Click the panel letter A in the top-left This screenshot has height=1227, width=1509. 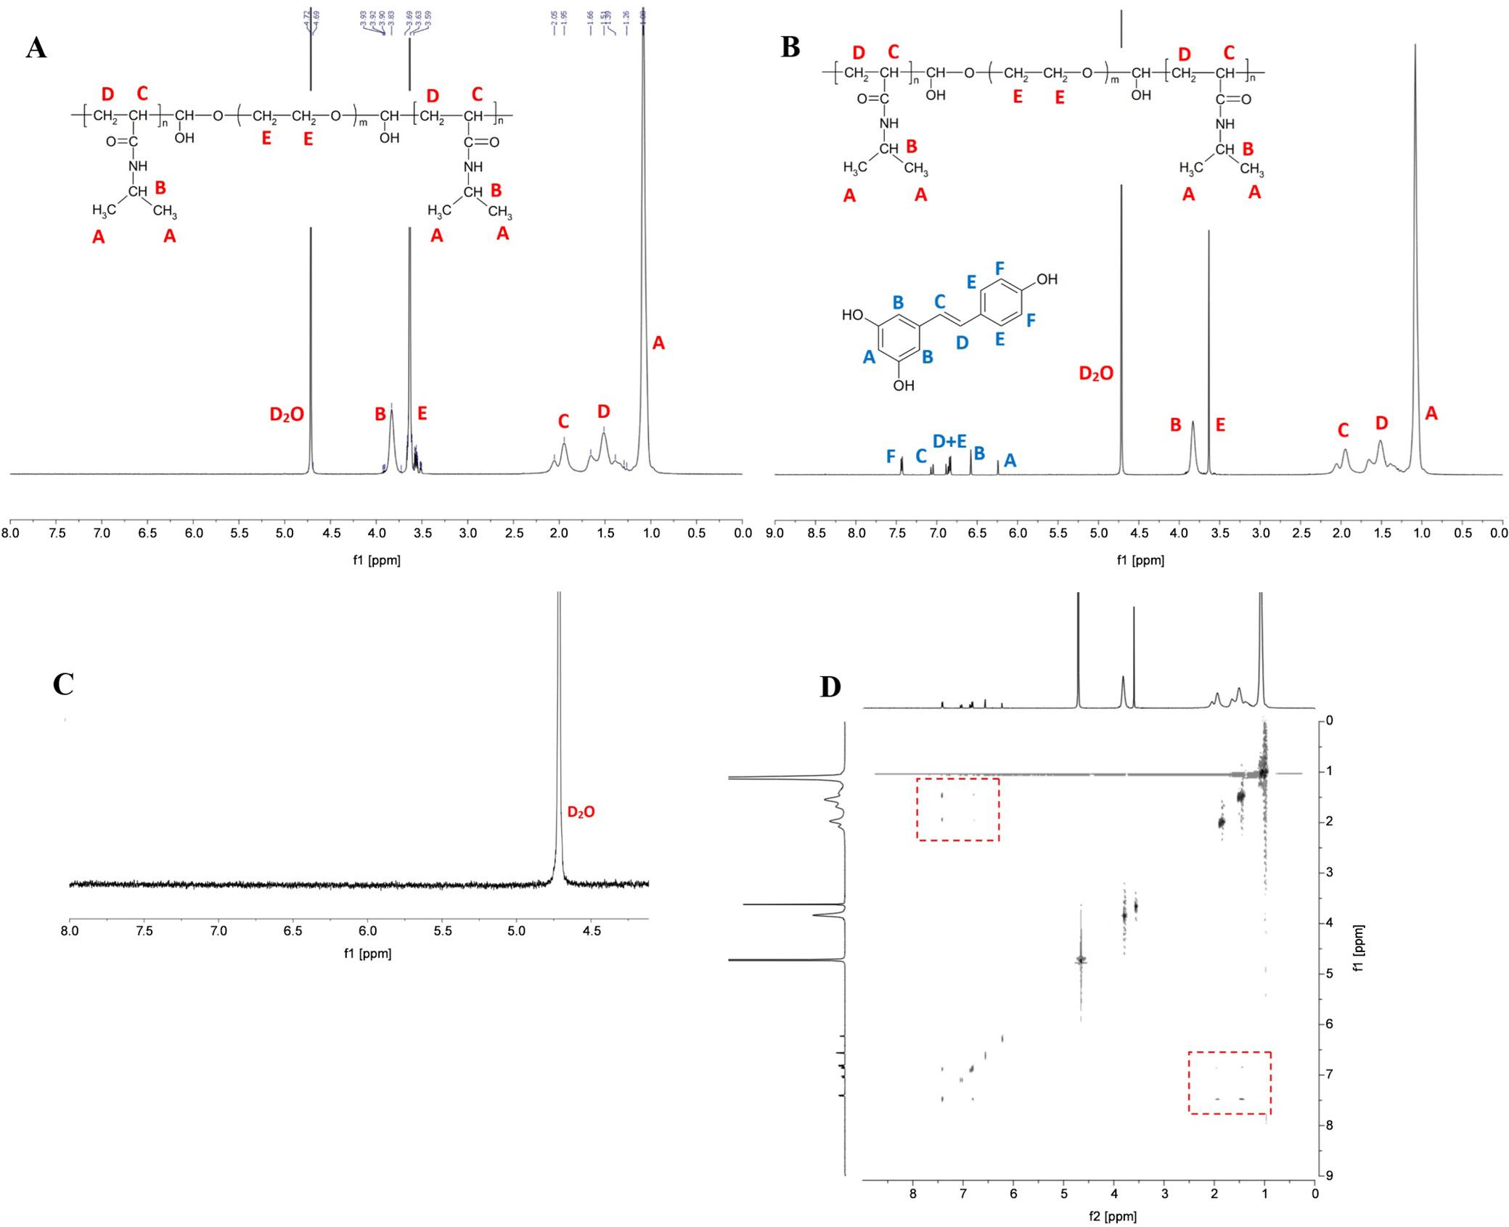click(36, 48)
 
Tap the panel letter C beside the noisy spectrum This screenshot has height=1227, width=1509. click(63, 684)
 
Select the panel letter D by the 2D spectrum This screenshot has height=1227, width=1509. click(830, 686)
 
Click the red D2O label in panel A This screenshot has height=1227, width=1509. click(287, 414)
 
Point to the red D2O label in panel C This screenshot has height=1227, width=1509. click(581, 812)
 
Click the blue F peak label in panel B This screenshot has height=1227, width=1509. click(891, 456)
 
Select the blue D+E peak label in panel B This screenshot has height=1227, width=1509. click(949, 441)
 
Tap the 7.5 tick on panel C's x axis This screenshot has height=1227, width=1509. click(144, 930)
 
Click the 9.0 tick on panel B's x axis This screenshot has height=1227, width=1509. click(775, 533)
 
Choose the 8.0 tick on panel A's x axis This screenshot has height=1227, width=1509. click(10, 533)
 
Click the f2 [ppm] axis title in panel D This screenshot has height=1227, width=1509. click(1113, 1216)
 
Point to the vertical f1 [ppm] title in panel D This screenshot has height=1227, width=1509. click(1359, 948)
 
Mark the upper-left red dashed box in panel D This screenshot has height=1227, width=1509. click(958, 809)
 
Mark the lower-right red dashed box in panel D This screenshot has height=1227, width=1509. click(1230, 1083)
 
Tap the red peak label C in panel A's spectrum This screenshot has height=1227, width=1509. click(563, 422)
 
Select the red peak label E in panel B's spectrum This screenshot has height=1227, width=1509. click(1220, 425)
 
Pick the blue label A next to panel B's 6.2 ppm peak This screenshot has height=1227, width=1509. click(1010, 460)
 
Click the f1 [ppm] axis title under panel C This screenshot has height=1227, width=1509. click(367, 953)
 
